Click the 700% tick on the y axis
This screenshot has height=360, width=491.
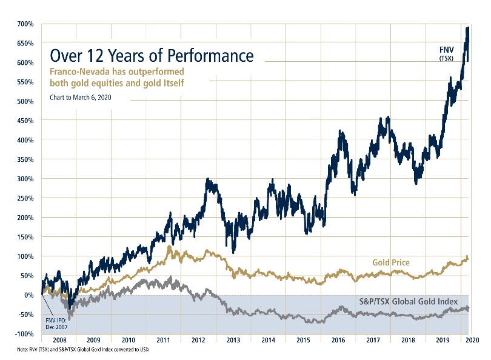(25, 24)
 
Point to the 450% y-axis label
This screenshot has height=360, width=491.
(25, 121)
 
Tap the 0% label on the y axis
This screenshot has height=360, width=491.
(28, 295)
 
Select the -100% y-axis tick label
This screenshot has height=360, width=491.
(24, 334)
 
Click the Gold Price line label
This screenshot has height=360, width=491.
(390, 262)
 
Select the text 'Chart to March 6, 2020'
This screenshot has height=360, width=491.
(81, 97)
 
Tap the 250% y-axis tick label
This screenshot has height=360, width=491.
(25, 198)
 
